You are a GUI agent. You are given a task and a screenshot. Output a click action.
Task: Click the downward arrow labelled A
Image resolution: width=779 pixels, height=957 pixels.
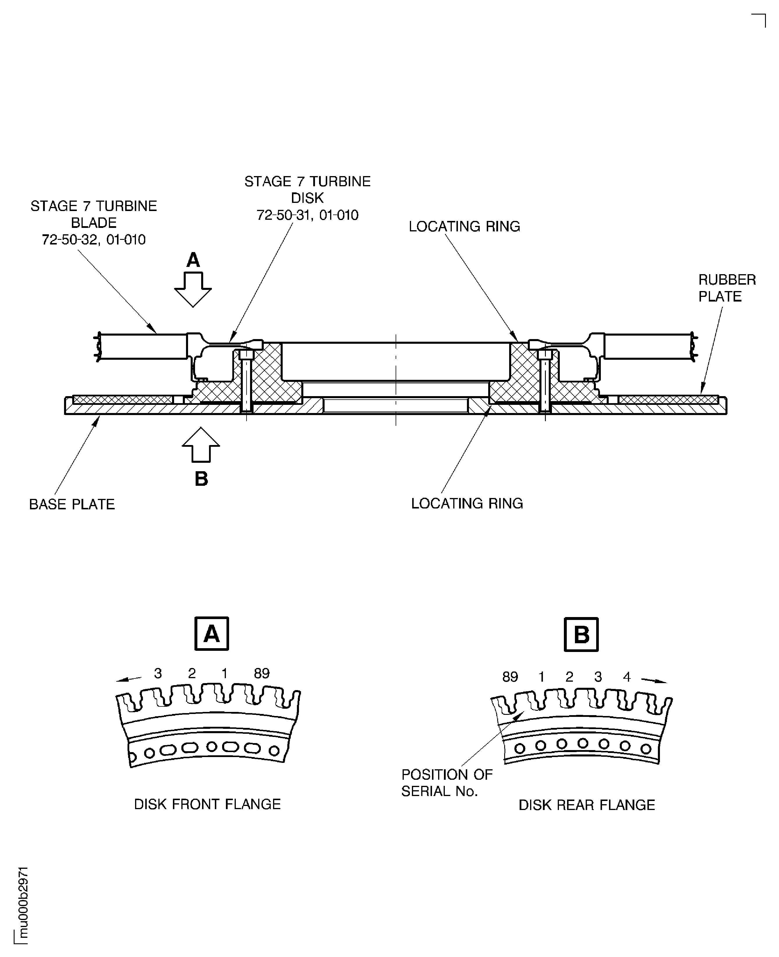(x=193, y=289)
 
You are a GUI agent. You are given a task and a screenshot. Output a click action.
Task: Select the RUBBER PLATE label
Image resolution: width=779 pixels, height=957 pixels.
(x=727, y=288)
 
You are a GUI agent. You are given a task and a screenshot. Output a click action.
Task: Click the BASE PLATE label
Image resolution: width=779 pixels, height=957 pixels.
(x=72, y=504)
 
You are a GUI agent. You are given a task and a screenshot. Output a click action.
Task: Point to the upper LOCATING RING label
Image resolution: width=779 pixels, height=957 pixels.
(x=464, y=226)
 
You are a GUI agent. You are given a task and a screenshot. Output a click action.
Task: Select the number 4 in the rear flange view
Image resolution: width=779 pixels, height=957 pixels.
(x=627, y=677)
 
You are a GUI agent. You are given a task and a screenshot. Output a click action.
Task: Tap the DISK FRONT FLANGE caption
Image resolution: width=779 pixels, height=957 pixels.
(x=207, y=804)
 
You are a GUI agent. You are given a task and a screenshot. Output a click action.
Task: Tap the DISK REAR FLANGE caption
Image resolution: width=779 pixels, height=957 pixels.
(x=587, y=805)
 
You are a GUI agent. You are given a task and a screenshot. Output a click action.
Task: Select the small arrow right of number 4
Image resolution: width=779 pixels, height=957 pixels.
(x=654, y=680)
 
